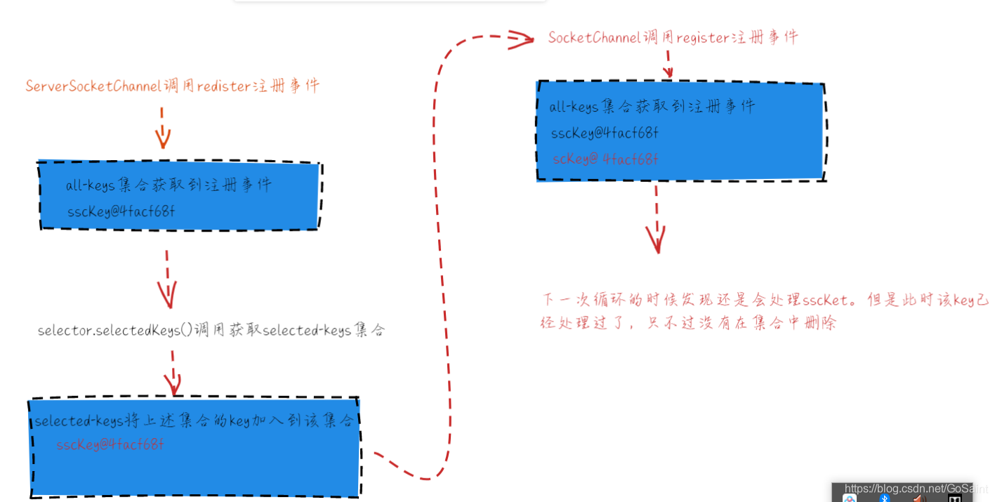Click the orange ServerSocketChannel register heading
172,86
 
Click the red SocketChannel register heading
673,38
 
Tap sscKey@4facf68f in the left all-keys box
121,211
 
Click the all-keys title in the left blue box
169,185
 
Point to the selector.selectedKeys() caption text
211,330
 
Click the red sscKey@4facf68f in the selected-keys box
110,444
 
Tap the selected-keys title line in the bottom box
194,421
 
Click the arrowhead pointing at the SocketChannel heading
521,39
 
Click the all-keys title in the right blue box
652,107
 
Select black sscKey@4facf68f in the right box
605,133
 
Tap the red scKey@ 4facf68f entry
605,159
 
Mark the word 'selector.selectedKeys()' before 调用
115,330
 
